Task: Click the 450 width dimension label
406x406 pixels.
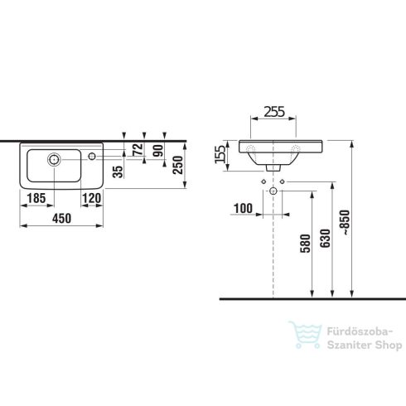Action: click(61, 219)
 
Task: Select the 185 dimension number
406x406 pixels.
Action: click(36, 198)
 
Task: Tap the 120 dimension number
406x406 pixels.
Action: click(92, 198)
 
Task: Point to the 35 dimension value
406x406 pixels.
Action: click(118, 172)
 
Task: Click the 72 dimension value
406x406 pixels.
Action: click(138, 149)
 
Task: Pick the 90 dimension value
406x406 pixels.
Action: click(158, 151)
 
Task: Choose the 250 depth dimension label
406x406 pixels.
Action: click(178, 165)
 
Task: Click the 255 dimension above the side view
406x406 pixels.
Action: click(274, 112)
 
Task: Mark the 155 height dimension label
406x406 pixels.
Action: click(220, 154)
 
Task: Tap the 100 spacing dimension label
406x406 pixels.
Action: click(243, 209)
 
